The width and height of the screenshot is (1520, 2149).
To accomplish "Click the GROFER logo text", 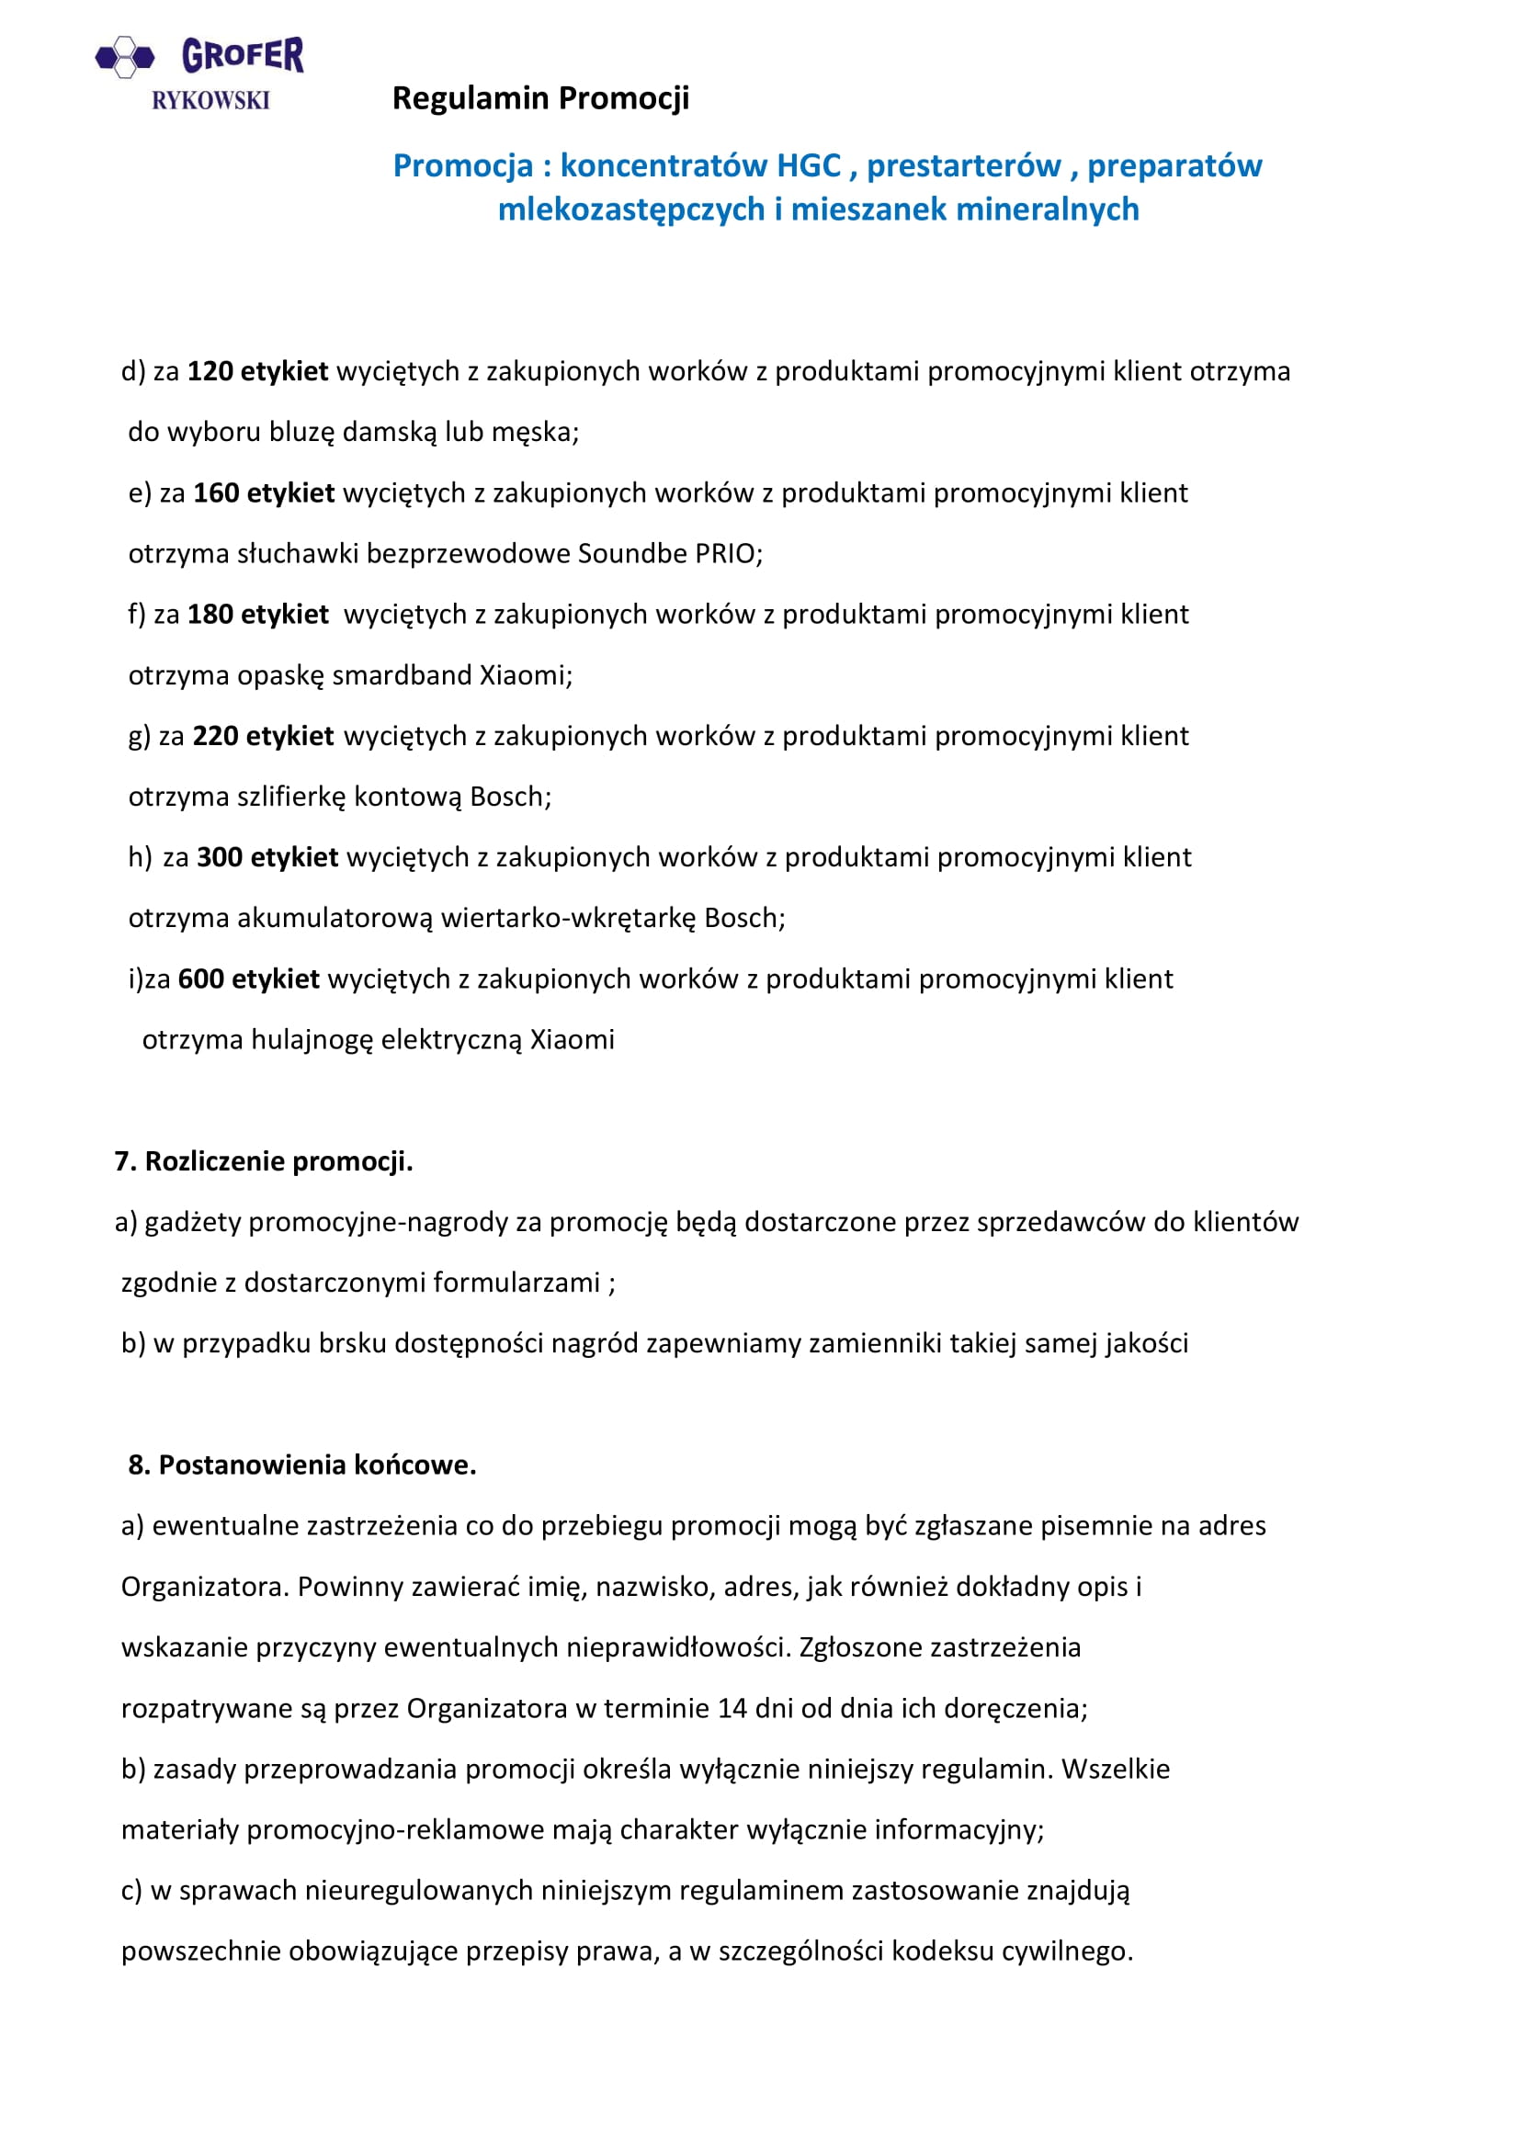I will pyautogui.click(x=243, y=55).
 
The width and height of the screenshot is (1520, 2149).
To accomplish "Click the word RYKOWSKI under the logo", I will pyautogui.click(x=210, y=100).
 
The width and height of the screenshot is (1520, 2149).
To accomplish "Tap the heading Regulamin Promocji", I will pyautogui.click(x=540, y=97).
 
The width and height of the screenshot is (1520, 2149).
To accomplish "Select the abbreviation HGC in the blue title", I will pyautogui.click(x=809, y=165).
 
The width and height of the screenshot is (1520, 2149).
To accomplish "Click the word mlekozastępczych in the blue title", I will pyautogui.click(x=631, y=209).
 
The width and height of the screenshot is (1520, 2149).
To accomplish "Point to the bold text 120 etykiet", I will pyautogui.click(x=257, y=371).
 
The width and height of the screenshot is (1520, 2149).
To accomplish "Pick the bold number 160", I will pyautogui.click(x=216, y=493).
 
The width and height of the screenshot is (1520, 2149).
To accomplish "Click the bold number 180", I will pyautogui.click(x=210, y=615).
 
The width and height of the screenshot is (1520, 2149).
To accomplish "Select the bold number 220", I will pyautogui.click(x=215, y=737).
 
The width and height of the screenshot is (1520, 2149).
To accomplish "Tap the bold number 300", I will pyautogui.click(x=219, y=857).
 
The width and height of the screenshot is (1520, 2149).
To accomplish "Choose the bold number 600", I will pyautogui.click(x=200, y=979).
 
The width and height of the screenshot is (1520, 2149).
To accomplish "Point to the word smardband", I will pyautogui.click(x=403, y=676).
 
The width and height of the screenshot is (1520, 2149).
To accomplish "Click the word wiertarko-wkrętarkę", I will pyautogui.click(x=568, y=918).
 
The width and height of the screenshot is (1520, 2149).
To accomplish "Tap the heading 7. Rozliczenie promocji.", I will pyautogui.click(x=263, y=1161).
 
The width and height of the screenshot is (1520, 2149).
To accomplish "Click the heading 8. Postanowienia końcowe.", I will pyautogui.click(x=302, y=1465).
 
